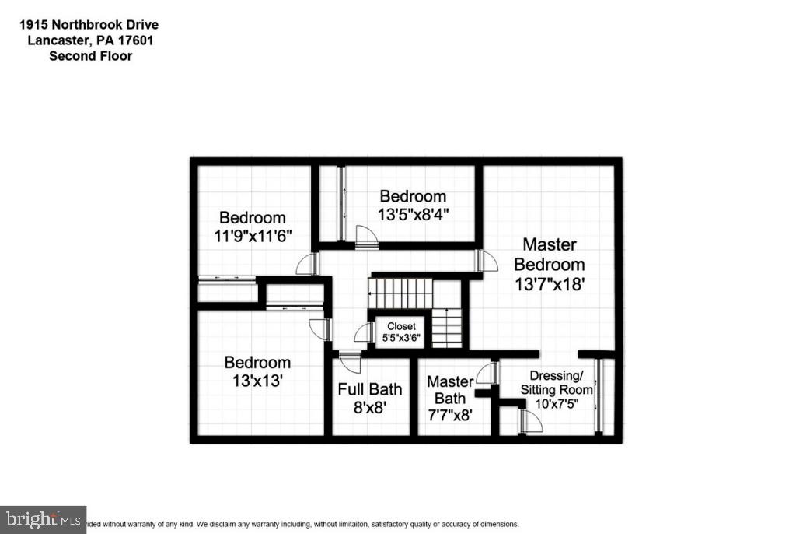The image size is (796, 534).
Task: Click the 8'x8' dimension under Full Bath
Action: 370,406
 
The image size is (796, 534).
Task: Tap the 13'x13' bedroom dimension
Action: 257,381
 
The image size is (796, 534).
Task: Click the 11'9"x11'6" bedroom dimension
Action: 253,235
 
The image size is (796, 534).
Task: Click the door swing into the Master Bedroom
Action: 488,262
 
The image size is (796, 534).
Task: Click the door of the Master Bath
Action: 486,374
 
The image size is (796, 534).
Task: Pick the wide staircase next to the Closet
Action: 400,294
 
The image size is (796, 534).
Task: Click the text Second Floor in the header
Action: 90,55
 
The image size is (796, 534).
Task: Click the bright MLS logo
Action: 44,518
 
